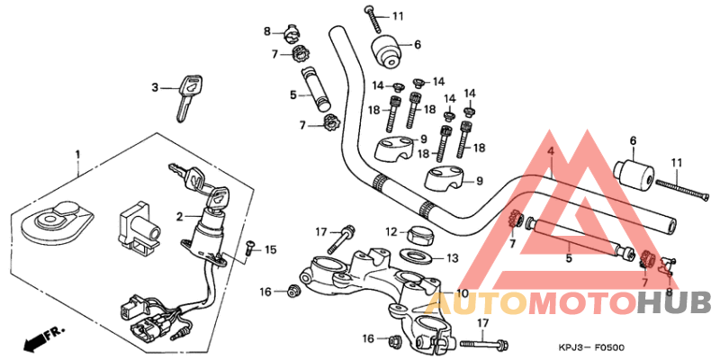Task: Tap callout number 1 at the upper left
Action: pos(77,155)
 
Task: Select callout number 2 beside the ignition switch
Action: pos(180,216)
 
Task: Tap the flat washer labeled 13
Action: pos(415,257)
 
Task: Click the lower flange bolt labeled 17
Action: pos(486,343)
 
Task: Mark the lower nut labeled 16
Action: pos(393,341)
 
